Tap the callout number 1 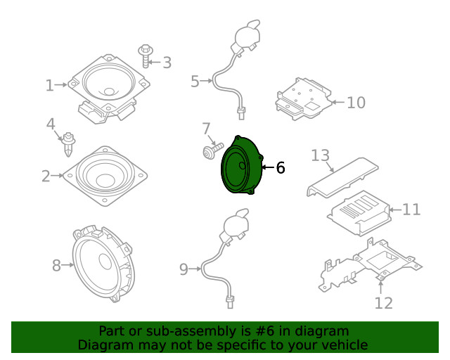[x=49, y=86]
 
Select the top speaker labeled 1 [x=110, y=85]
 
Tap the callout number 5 [x=195, y=82]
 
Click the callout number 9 [x=184, y=269]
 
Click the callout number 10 [x=356, y=103]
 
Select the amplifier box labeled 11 [x=359, y=211]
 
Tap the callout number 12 [x=383, y=303]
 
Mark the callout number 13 [x=320, y=155]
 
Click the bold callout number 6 [x=280, y=168]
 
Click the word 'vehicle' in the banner [x=344, y=345]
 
